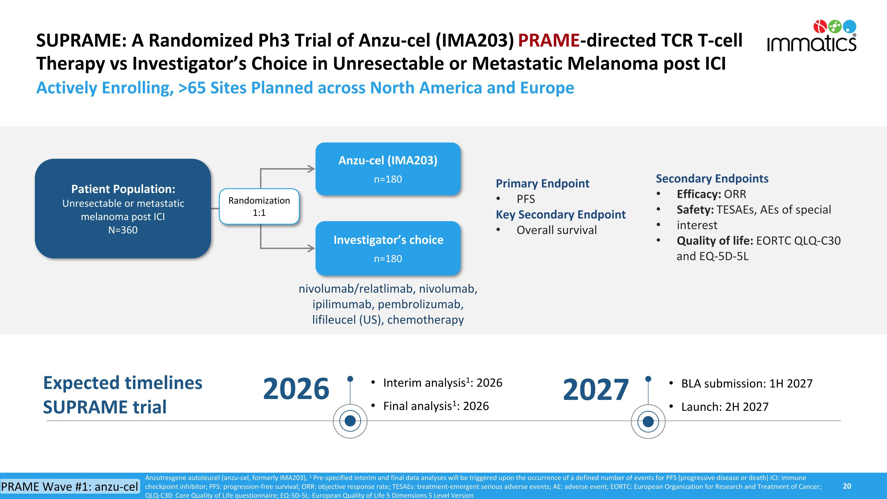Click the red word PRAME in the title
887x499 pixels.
click(x=548, y=40)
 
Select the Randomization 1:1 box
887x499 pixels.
click(x=259, y=206)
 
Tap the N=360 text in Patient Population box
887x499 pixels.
click(x=123, y=230)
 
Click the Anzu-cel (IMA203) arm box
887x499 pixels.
click(x=388, y=169)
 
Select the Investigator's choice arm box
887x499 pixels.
click(x=388, y=248)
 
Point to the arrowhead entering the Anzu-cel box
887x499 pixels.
click(x=312, y=169)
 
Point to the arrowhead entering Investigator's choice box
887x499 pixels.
click(x=312, y=248)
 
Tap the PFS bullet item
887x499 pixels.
click(x=525, y=199)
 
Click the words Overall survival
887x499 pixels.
click(x=556, y=230)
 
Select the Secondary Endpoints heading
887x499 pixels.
click(x=712, y=178)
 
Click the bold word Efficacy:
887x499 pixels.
click(x=699, y=194)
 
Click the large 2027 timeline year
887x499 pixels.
click(x=596, y=390)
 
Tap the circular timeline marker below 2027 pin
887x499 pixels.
click(x=648, y=421)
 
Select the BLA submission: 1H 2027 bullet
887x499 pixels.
click(x=747, y=383)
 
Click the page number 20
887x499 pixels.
click(x=847, y=486)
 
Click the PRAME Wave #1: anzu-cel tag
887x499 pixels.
click(x=69, y=487)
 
